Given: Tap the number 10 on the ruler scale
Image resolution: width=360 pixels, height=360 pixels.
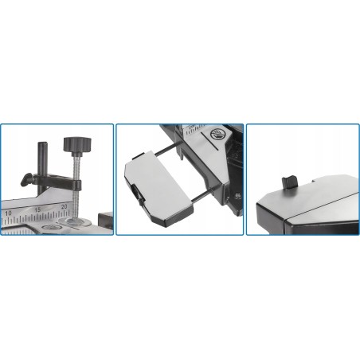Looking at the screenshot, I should (9, 213).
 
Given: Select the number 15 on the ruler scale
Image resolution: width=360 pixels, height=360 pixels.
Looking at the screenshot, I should (37, 209).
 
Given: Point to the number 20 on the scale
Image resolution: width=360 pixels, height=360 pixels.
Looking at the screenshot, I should (65, 206).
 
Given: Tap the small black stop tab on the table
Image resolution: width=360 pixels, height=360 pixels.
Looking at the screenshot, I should (288, 181).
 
